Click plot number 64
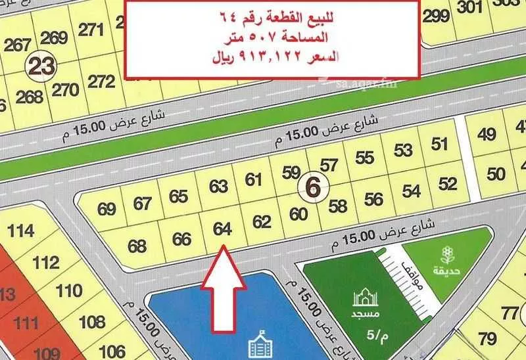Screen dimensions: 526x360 click(x=222, y=229)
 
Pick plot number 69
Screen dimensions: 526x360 click(x=107, y=209)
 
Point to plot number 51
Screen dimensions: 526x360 click(x=440, y=143)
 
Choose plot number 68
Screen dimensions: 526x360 click(x=137, y=246)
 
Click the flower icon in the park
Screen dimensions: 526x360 click(x=448, y=253)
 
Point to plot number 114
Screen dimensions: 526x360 click(x=22, y=231)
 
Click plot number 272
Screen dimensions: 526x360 click(x=101, y=81)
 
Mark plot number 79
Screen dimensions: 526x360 click(x=487, y=339)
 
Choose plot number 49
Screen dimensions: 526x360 click(x=487, y=135)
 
